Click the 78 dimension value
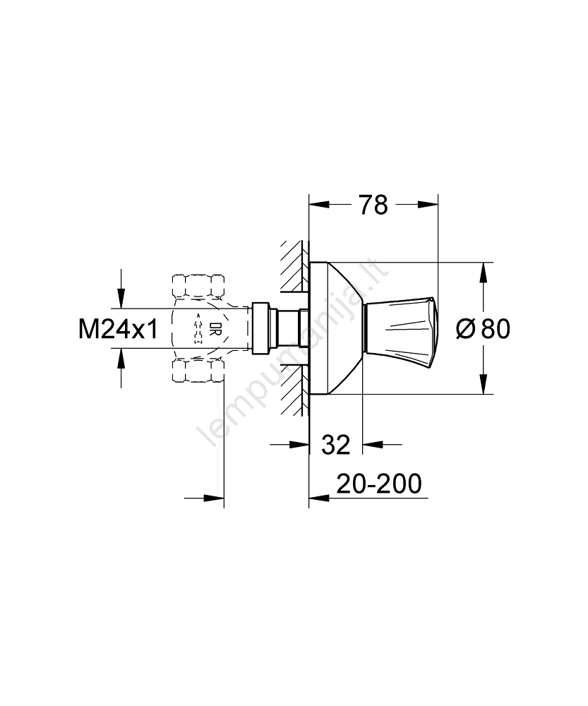point(373,205)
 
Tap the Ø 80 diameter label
point(483,328)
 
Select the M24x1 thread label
point(119,329)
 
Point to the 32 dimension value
point(335,445)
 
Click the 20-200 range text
point(379,484)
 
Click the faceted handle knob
point(400,328)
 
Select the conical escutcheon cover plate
point(336,328)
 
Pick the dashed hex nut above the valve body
point(198,285)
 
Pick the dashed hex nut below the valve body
point(198,371)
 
